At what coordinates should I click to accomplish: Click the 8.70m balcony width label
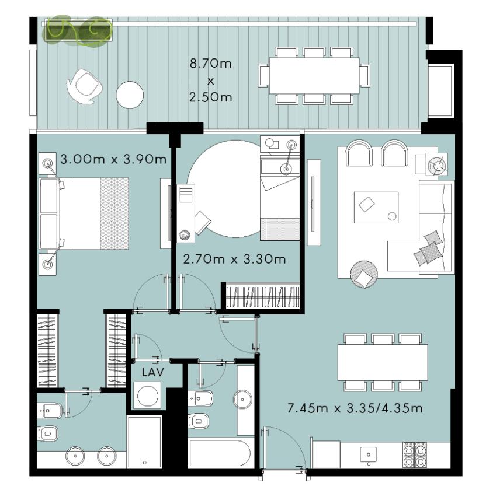tap(211, 64)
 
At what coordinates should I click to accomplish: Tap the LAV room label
tap(152, 372)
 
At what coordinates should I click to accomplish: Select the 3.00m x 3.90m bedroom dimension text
tap(113, 159)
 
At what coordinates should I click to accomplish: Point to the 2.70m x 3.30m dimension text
tap(234, 260)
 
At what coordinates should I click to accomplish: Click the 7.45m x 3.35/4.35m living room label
tap(355, 408)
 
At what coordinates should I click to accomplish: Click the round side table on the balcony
tap(130, 94)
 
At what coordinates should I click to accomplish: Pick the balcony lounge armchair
tap(84, 86)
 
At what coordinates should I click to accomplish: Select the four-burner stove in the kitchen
tap(415, 454)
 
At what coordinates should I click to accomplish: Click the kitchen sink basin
tap(369, 454)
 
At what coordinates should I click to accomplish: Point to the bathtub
tap(220, 453)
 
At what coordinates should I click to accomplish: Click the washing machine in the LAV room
tap(147, 395)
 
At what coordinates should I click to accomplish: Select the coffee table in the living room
tap(376, 208)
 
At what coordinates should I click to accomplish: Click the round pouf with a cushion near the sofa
tap(364, 274)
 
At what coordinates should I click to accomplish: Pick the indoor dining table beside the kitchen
tap(383, 362)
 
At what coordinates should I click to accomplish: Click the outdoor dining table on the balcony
tap(314, 75)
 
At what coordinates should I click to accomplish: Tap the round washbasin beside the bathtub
tap(243, 399)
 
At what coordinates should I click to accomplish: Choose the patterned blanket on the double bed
tap(114, 213)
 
